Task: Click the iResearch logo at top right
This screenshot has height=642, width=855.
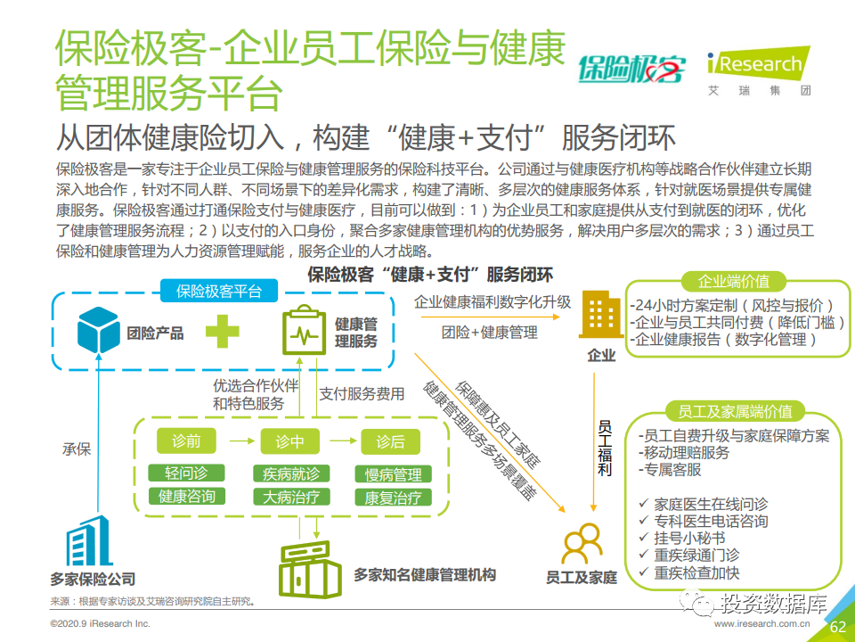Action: click(759, 71)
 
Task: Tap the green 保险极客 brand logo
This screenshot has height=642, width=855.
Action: click(631, 70)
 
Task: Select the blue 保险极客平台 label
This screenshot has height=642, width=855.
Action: click(219, 291)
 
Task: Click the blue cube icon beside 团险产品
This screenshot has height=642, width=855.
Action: click(98, 330)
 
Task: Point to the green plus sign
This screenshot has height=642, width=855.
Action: click(222, 331)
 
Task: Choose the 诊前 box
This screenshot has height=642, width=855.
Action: click(186, 440)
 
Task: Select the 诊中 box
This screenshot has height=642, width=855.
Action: click(289, 441)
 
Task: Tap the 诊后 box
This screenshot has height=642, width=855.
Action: click(390, 441)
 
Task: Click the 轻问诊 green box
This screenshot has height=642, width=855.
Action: click(186, 473)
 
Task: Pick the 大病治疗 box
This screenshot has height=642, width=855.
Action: click(291, 497)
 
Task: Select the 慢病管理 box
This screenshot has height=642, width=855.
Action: click(393, 473)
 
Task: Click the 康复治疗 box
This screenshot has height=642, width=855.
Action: click(393, 498)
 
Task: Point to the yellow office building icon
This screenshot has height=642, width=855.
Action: click(601, 315)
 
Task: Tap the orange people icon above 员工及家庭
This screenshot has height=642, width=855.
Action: click(582, 544)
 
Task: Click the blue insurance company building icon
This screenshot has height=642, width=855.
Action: click(89, 540)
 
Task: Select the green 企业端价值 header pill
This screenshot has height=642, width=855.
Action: click(733, 282)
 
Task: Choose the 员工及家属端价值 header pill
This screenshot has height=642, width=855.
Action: click(735, 411)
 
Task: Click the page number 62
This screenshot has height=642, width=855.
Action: click(837, 627)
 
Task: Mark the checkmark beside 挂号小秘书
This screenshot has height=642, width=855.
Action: click(643, 537)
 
